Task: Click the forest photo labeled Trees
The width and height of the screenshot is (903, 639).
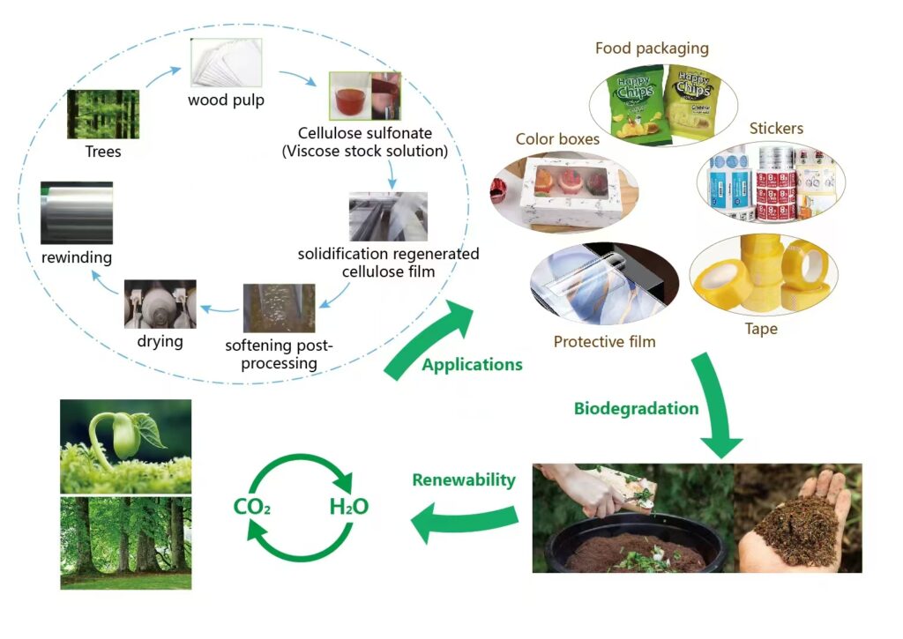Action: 103,114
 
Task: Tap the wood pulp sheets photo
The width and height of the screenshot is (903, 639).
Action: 227,63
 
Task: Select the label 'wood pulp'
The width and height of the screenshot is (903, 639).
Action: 226,100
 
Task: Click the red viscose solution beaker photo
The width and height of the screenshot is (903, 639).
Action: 364,96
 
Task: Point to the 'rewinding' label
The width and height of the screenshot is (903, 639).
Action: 77,257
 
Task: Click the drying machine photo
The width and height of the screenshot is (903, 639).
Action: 160,305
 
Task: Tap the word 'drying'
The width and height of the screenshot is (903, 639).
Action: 160,341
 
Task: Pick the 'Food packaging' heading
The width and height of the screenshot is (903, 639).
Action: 652,48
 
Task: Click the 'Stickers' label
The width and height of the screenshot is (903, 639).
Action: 776,129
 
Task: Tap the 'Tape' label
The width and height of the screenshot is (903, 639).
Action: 761,329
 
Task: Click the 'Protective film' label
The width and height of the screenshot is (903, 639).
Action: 605,342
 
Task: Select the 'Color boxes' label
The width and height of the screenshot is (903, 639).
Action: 557,139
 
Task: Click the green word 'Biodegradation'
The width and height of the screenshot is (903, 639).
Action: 637,409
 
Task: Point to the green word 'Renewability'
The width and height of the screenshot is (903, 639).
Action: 464,480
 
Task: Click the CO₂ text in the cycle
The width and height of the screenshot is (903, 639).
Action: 252,507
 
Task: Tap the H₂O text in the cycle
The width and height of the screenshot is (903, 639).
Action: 349,507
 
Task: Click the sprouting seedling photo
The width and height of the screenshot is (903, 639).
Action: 125,447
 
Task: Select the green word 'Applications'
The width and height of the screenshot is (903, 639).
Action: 473,365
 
